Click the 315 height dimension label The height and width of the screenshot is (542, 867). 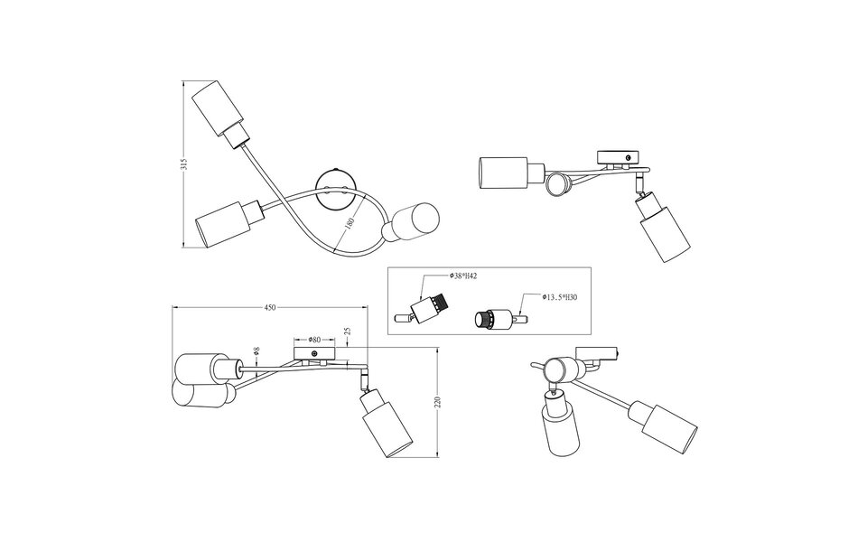point(183,164)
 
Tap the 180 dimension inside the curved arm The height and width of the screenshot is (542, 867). point(348,222)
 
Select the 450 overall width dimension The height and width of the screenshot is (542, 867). point(269,308)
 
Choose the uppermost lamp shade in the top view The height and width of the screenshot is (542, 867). point(221,108)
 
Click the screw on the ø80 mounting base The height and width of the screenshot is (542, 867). point(314,352)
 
